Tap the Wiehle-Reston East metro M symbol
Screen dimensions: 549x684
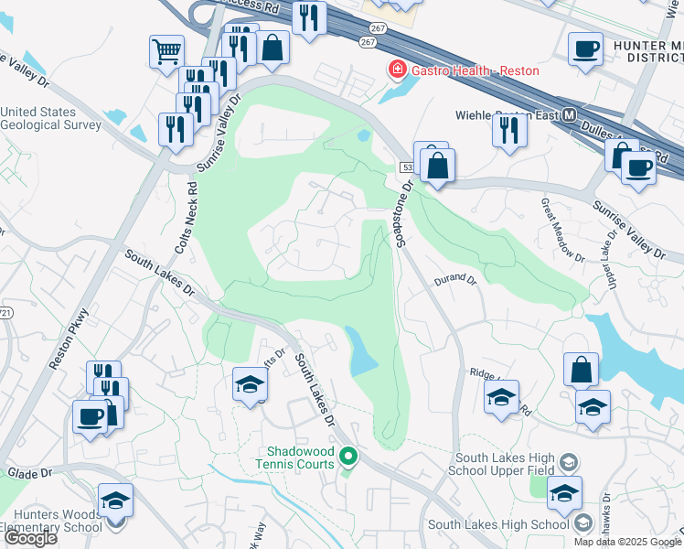pyautogui.click(x=570, y=116)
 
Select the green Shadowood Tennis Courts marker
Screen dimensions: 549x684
pyautogui.click(x=347, y=455)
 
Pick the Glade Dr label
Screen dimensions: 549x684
pyautogui.click(x=28, y=472)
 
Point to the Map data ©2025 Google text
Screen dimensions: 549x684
pyautogui.click(x=626, y=542)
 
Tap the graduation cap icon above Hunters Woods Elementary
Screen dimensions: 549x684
pyautogui.click(x=115, y=500)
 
